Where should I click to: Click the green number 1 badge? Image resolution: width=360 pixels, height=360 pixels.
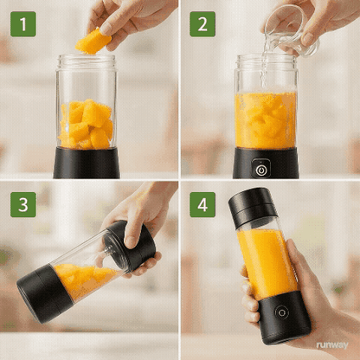tap(23, 23)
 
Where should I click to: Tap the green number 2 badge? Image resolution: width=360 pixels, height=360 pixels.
tap(203, 23)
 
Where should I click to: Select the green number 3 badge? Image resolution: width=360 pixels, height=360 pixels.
tap(23, 204)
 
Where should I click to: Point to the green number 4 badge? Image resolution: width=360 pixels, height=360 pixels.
tap(203, 204)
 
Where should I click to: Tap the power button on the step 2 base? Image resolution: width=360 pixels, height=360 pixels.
tap(261, 170)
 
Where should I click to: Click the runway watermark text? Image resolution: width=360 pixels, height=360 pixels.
tap(332, 344)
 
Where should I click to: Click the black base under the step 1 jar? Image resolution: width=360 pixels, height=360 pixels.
tap(87, 163)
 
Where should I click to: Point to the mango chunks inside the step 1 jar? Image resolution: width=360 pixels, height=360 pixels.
tap(86, 125)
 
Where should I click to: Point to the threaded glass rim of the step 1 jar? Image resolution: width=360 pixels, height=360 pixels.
tap(86, 62)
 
